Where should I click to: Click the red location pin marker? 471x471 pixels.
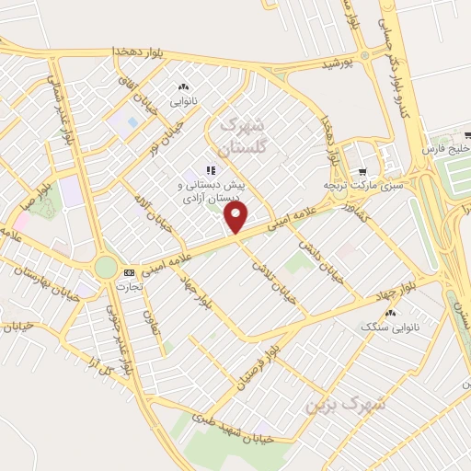236,217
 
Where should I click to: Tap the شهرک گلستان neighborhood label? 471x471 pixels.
243,134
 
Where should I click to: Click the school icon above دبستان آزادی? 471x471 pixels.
211,170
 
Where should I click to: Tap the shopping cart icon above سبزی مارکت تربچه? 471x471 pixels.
362,171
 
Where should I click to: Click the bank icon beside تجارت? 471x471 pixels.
129,272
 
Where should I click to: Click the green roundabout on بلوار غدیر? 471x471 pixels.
106,267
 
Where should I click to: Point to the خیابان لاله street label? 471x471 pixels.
151,210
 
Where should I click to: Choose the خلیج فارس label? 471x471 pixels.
445,149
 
